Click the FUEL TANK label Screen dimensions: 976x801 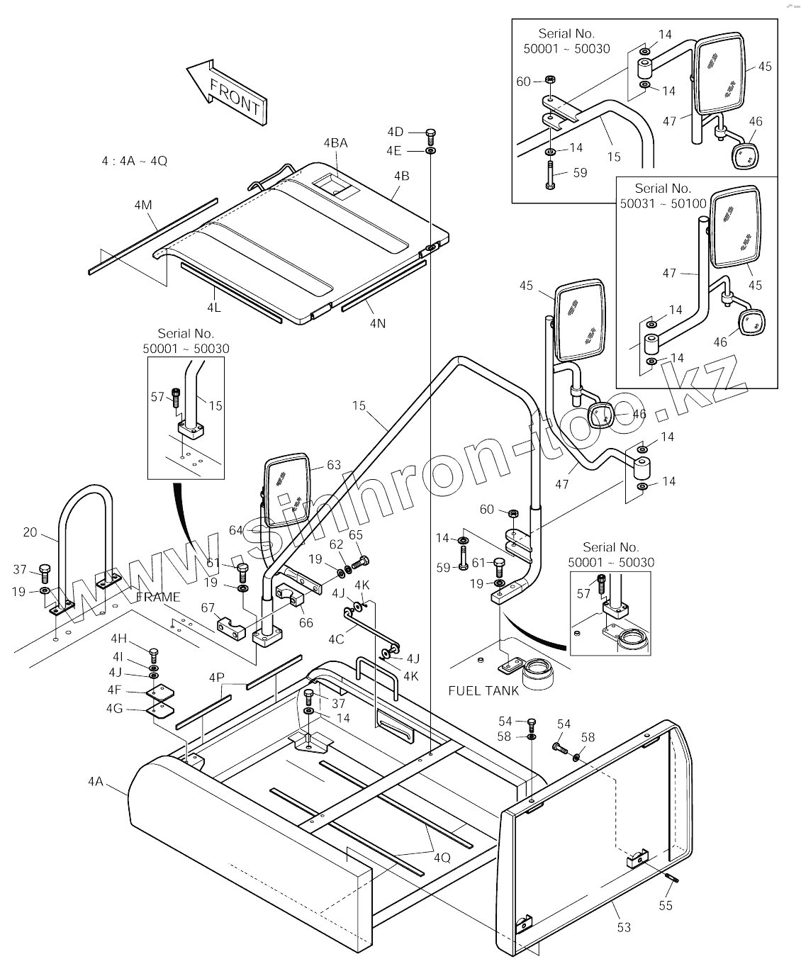483,690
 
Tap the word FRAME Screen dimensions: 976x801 157,597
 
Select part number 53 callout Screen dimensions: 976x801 624,927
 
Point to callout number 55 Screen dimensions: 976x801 666,905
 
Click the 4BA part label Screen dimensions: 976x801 335,142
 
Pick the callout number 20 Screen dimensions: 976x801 30,532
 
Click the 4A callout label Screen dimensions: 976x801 96,782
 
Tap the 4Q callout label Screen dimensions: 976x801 441,857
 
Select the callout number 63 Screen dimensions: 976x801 333,465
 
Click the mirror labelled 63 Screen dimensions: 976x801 287,489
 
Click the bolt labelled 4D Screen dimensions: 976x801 431,134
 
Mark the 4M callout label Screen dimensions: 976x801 142,206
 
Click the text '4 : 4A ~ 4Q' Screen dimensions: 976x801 135,161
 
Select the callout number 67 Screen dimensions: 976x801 208,607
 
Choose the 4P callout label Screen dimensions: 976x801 216,678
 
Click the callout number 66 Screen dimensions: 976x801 306,622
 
